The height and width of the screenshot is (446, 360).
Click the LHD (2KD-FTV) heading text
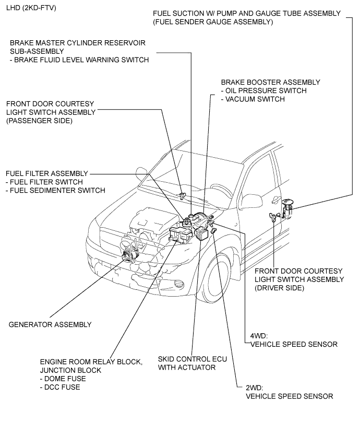(x=31, y=8)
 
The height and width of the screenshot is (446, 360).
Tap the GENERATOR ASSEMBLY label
(x=50, y=324)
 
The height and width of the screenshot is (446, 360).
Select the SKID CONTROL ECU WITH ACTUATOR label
(x=193, y=363)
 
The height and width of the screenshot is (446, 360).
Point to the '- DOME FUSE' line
(x=63, y=379)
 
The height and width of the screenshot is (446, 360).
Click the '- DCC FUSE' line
(x=60, y=387)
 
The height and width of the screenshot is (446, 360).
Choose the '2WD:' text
(x=254, y=388)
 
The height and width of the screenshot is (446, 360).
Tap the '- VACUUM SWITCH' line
(x=253, y=99)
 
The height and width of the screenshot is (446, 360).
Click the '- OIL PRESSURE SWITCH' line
(x=263, y=90)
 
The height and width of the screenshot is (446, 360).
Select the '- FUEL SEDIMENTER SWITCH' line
(x=55, y=190)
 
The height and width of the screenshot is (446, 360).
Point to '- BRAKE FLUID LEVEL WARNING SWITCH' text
(x=79, y=60)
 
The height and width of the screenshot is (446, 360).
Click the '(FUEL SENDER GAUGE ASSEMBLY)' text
(x=213, y=22)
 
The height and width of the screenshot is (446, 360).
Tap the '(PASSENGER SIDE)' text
(x=39, y=121)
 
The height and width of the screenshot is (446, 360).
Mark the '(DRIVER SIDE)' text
(x=279, y=288)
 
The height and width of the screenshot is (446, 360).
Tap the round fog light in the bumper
(x=179, y=284)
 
